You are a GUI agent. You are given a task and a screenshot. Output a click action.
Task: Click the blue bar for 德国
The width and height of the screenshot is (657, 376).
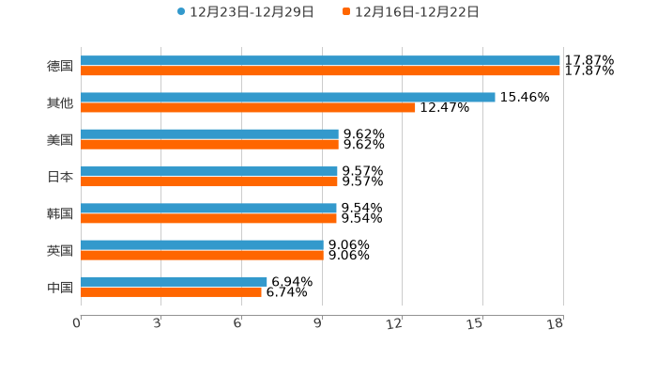[x=320, y=61]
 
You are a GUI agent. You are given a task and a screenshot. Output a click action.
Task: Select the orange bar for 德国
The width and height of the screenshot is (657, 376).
[x=320, y=71]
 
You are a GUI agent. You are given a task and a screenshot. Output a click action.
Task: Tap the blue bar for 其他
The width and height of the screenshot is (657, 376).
[x=288, y=98]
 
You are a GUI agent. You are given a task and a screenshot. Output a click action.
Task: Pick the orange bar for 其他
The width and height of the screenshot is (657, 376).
[x=248, y=108]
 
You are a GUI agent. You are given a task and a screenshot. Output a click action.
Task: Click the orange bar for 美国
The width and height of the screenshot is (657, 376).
[x=209, y=145]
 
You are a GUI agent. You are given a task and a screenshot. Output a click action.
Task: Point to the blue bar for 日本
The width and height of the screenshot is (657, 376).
[x=209, y=171]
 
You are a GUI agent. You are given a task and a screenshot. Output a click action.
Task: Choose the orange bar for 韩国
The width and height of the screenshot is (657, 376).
[x=208, y=218]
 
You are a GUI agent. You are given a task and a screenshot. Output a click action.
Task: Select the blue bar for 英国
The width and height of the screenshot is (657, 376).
[x=202, y=245]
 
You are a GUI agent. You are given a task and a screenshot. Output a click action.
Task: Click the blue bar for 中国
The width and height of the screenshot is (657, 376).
[x=174, y=281]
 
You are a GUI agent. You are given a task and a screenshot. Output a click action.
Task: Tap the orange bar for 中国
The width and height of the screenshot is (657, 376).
[x=171, y=292]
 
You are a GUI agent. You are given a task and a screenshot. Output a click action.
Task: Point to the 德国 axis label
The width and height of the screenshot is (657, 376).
[x=60, y=67]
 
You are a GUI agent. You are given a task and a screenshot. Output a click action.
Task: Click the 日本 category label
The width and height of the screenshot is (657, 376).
[x=60, y=177]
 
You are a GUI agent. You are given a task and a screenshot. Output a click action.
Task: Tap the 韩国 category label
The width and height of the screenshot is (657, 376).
[x=60, y=213]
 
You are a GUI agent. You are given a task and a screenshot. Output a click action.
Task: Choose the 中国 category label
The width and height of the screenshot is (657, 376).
[x=60, y=287]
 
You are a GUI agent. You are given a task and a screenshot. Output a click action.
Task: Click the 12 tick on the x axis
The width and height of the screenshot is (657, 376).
[x=395, y=324]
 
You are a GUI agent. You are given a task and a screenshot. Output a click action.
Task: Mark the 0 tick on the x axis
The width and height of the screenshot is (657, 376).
[x=77, y=324]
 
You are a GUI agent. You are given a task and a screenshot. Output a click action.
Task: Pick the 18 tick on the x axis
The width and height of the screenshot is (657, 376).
[x=556, y=324]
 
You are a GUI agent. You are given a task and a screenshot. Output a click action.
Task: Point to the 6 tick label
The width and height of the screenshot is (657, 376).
[x=237, y=324]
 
